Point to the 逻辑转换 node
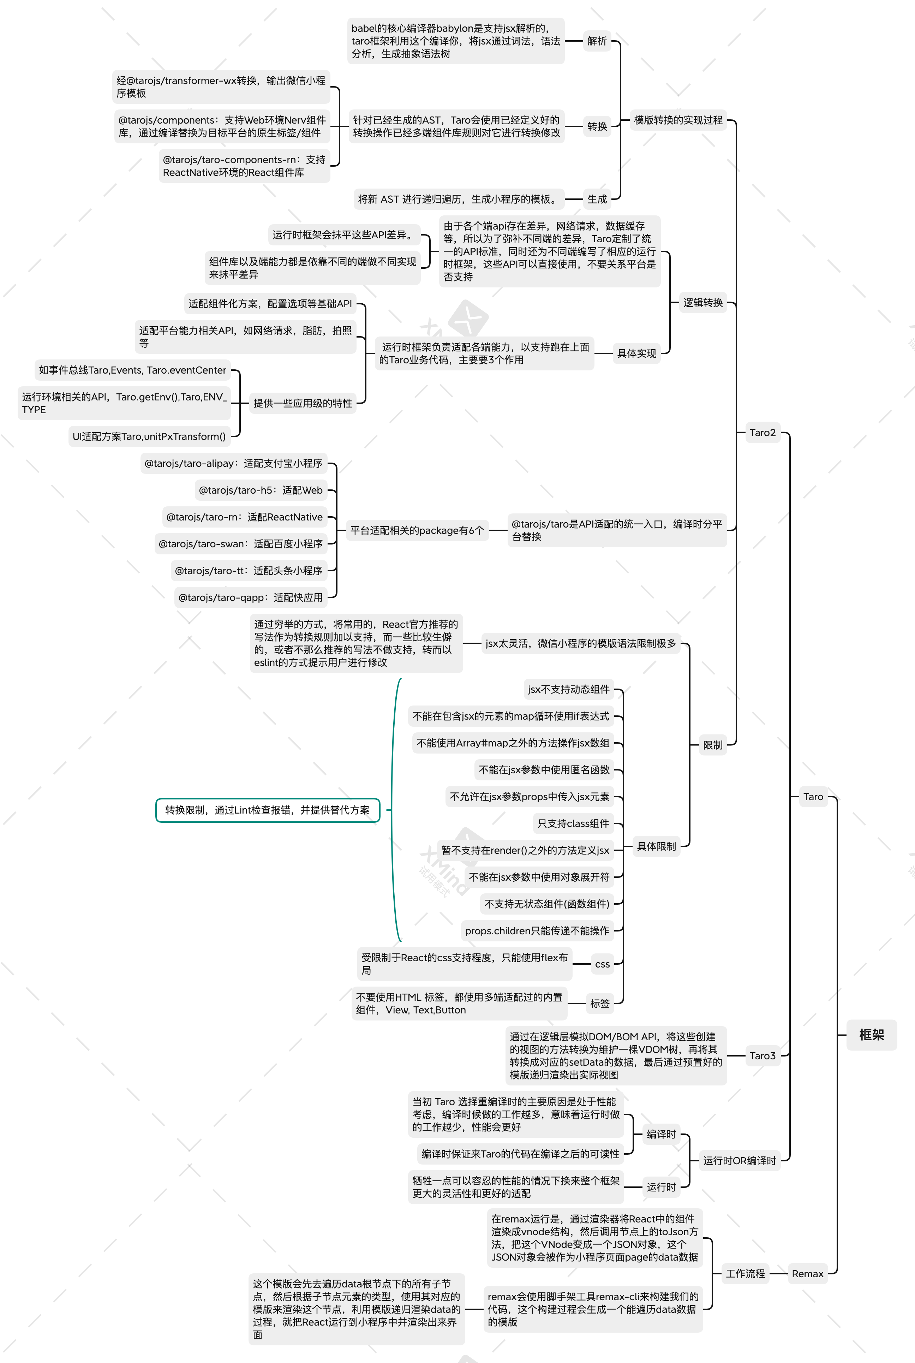(702, 302)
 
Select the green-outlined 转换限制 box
(267, 810)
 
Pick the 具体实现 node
(636, 353)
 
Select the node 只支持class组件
(573, 823)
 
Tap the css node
(602, 964)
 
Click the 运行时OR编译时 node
(739, 1160)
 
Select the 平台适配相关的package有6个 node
(417, 530)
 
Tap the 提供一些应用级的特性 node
(302, 403)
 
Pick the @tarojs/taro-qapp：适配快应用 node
(250, 597)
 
